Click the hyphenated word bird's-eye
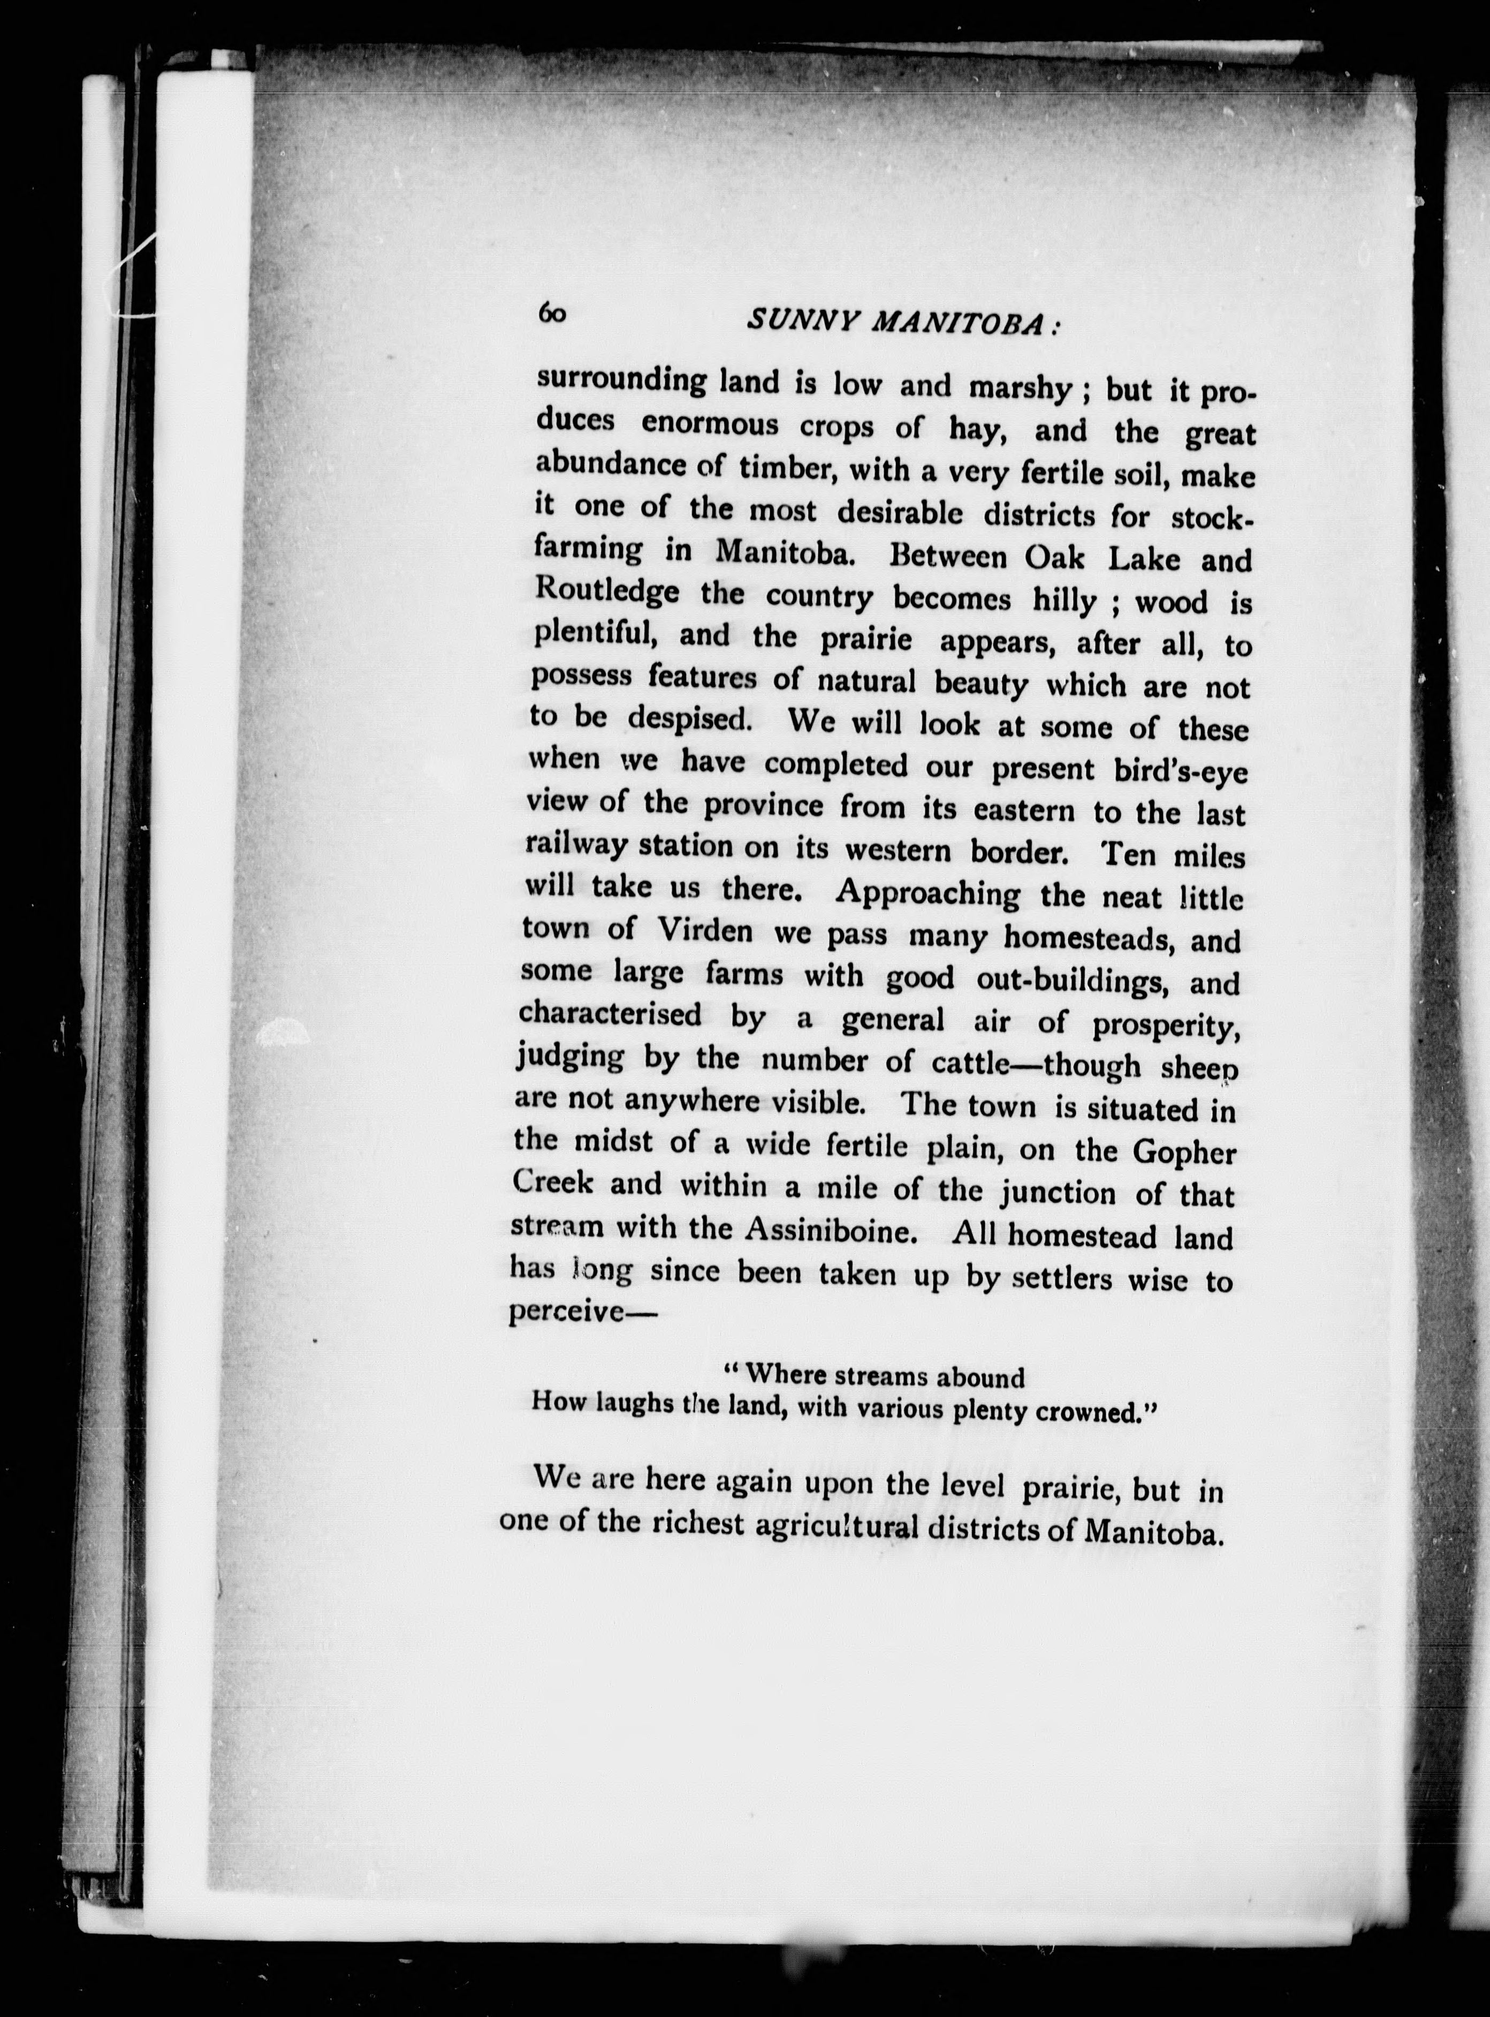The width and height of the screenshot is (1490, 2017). (x=1177, y=771)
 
